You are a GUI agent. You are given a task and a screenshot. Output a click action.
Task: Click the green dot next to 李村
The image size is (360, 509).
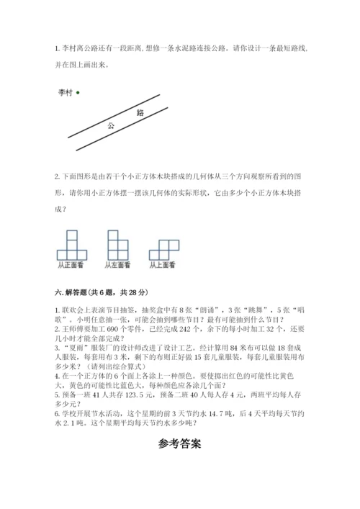78,92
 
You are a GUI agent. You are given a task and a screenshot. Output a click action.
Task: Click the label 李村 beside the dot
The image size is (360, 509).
66,92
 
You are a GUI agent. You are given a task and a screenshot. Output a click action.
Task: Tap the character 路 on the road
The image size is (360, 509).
140,113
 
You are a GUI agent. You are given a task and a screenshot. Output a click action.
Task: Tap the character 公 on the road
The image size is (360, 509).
111,125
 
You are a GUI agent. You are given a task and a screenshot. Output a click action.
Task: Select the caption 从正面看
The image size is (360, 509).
71,265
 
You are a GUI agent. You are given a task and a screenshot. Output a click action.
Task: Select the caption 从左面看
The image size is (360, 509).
117,265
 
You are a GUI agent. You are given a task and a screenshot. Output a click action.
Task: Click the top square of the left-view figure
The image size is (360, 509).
113,235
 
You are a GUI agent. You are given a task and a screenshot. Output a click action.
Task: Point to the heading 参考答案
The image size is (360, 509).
180,443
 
